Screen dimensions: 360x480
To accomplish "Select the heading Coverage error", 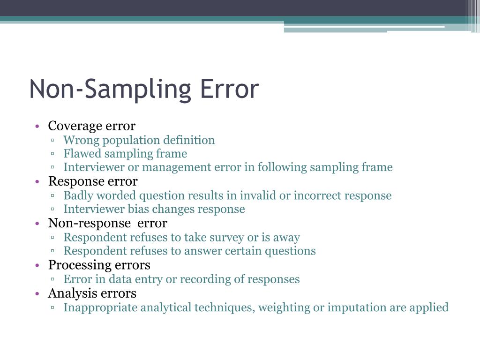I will click(x=91, y=126).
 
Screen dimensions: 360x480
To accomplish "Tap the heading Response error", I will click(x=93, y=181).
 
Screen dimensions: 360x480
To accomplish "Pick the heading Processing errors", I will click(x=99, y=265).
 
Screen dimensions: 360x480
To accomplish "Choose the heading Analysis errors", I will click(x=92, y=293).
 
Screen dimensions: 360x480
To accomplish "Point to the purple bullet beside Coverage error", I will click(x=37, y=127).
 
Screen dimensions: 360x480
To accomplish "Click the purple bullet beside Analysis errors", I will click(x=37, y=294).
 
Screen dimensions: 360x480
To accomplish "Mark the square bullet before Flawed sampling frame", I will click(x=53, y=154).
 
